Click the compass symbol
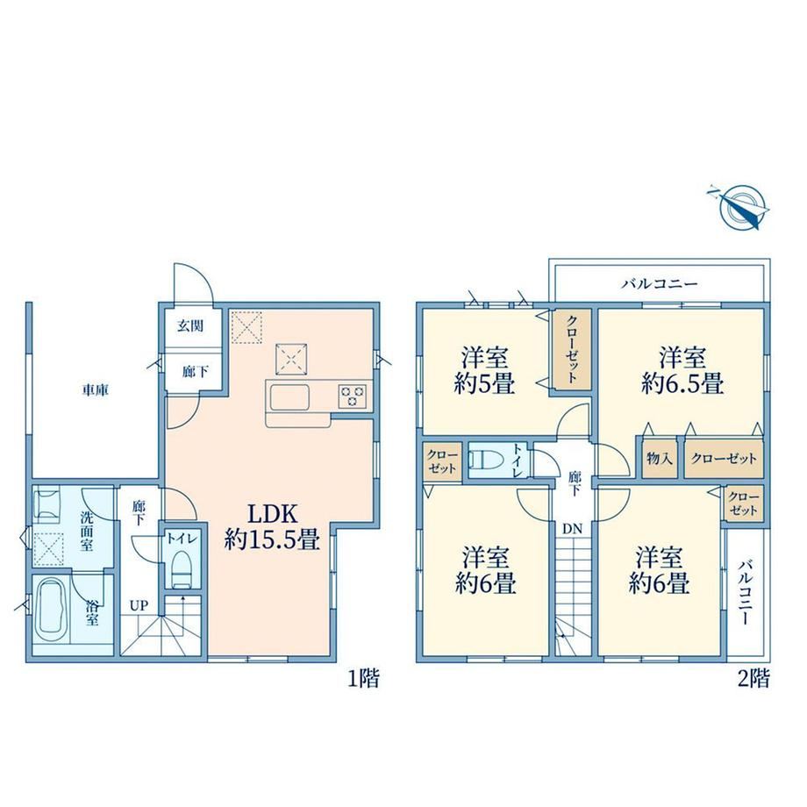[739, 206]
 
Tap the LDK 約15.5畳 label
[272, 527]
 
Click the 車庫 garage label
[96, 390]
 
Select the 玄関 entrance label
[190, 325]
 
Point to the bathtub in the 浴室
[52, 611]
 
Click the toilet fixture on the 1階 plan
[182, 569]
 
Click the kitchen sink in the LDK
[288, 396]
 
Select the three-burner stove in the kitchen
[353, 396]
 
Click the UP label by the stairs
[139, 606]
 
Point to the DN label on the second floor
[572, 529]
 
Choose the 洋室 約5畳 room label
[484, 370]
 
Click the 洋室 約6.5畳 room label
[682, 370]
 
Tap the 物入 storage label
[660, 458]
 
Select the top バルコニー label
[660, 283]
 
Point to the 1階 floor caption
[364, 678]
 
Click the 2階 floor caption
[753, 678]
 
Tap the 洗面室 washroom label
[87, 530]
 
